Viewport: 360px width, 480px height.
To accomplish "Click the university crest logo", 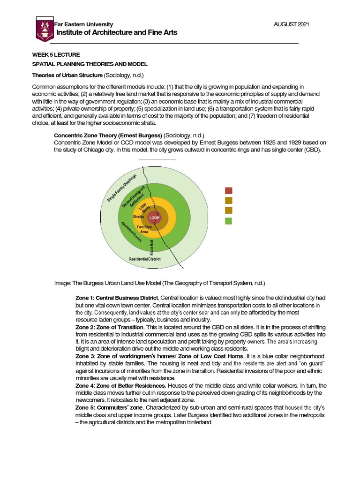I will [x=45, y=29].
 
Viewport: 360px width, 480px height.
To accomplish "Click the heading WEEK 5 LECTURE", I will [x=52, y=55].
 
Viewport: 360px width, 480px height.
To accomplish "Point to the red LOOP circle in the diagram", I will [x=154, y=218].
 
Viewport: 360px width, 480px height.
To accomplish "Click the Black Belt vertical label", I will [x=151, y=247].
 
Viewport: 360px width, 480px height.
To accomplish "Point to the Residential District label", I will [x=145, y=259].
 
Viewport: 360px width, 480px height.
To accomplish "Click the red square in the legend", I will [x=228, y=190].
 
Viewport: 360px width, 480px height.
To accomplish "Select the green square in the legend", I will [x=228, y=221].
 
